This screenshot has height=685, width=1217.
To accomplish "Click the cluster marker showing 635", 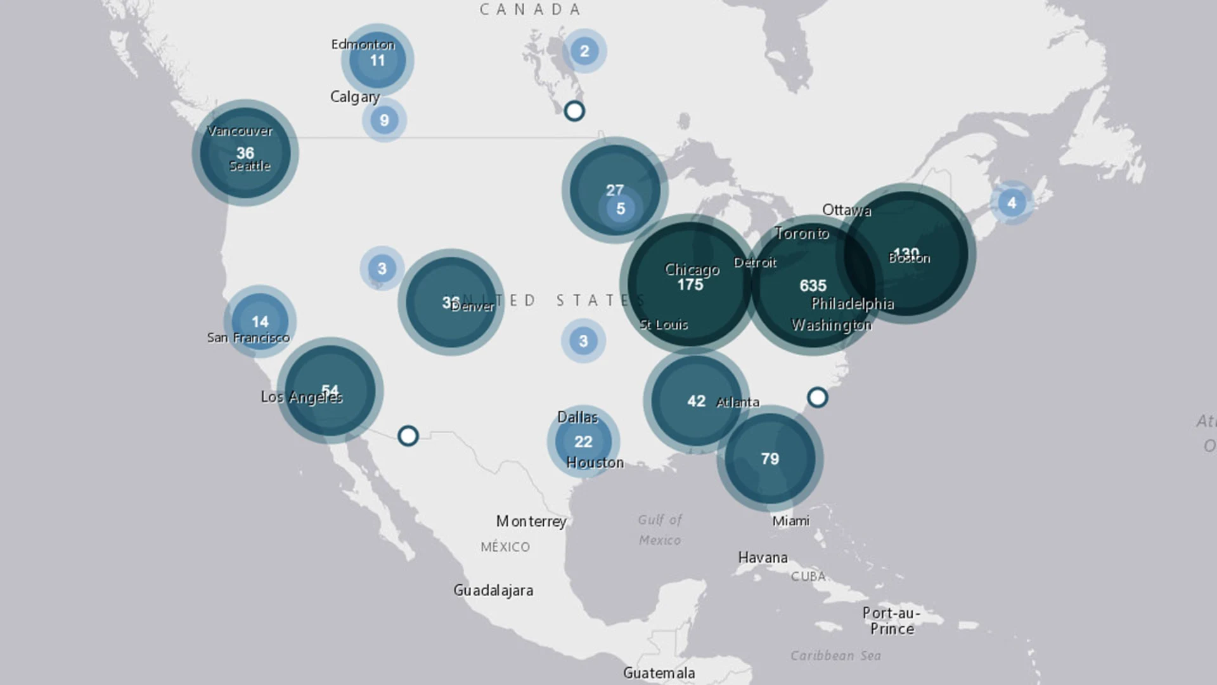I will click(x=813, y=285).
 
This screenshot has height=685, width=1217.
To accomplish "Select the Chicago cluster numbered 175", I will click(x=690, y=285).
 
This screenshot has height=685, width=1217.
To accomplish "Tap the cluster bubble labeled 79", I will click(x=769, y=459).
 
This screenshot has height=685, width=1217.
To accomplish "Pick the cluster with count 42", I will click(x=696, y=401).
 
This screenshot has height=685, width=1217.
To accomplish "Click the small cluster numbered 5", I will click(x=621, y=209).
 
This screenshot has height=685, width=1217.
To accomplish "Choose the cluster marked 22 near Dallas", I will click(x=583, y=441).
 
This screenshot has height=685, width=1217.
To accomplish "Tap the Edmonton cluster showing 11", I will click(x=377, y=60).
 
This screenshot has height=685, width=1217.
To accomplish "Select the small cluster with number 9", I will click(x=384, y=120).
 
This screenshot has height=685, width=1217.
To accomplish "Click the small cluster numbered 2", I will click(x=584, y=51).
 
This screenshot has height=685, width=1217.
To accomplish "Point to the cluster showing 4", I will click(x=1012, y=202).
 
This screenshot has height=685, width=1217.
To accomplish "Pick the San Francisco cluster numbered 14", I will click(x=260, y=322).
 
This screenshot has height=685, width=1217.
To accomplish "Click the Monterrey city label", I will click(x=531, y=521).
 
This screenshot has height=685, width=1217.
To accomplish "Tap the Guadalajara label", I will click(x=493, y=590).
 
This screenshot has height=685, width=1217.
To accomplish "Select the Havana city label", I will click(x=763, y=558).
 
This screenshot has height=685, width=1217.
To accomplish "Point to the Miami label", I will click(x=790, y=521).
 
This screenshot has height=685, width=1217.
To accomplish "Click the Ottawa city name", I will click(x=846, y=210).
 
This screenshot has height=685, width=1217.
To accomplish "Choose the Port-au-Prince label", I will click(x=891, y=621).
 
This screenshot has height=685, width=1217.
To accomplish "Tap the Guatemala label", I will click(x=659, y=673).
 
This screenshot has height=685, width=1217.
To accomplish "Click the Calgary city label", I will click(x=355, y=97).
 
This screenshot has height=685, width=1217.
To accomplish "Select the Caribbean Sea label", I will click(x=835, y=656).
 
